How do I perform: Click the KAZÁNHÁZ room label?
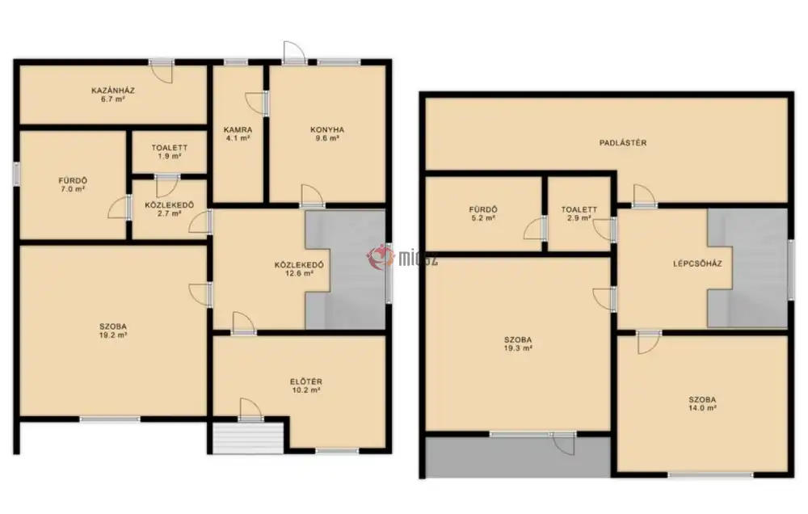(113, 91)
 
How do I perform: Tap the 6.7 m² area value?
(113, 99)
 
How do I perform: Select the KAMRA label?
(238, 130)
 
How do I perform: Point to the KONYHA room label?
(327, 130)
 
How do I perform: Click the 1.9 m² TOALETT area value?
(170, 156)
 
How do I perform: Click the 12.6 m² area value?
(300, 274)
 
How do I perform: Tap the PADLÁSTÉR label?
(622, 143)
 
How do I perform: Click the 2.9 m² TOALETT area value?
(579, 218)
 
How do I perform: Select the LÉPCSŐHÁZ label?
(697, 263)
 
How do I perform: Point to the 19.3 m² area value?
(518, 348)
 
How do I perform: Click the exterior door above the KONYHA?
(294, 53)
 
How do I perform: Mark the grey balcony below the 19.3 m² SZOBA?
(518, 457)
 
